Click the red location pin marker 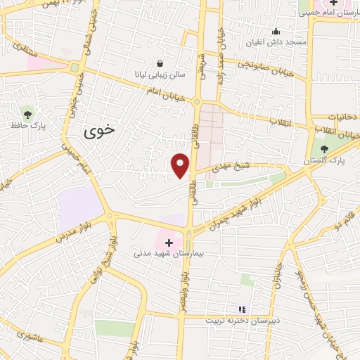181,165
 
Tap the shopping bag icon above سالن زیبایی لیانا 161,63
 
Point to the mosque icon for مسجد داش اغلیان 275,32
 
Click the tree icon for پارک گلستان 324,148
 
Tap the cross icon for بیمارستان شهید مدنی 169,242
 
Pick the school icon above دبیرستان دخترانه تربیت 243,309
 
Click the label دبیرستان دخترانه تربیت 243,320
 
